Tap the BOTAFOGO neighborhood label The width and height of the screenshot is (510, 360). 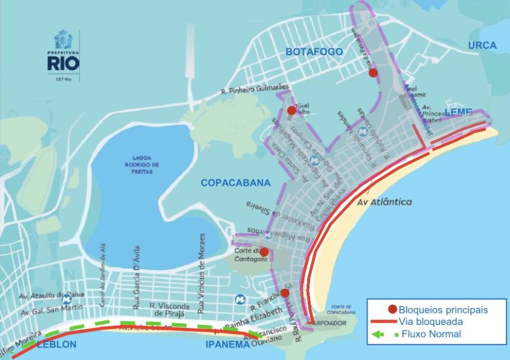coord(314,52)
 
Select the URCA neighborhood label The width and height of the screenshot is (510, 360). coord(482,46)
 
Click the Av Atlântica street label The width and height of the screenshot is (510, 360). coord(385,202)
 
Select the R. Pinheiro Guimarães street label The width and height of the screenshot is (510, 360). coord(254,91)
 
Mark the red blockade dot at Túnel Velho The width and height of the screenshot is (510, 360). coord(291,110)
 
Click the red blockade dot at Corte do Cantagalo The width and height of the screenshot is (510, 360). coord(264,252)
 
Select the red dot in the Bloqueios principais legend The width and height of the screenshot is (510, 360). coord(391,309)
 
